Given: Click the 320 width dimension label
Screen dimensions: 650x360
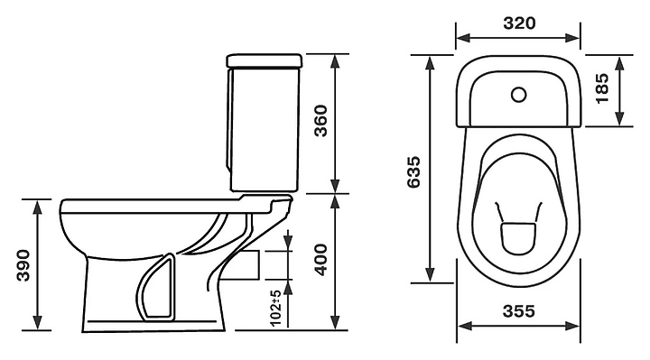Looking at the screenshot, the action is pos(519,23).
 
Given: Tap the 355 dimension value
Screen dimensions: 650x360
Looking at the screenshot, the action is pos(518,310).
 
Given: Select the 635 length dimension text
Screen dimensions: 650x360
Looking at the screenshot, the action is pos(413,172).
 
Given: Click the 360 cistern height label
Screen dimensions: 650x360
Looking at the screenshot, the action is pos(320,121).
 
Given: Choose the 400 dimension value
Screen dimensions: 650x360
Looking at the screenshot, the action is pos(320,260).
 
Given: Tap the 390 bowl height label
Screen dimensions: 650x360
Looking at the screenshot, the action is pos(23,265).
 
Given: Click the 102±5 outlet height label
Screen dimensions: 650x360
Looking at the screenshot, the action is pos(275,308).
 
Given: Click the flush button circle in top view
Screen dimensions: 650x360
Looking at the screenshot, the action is pos(518,95).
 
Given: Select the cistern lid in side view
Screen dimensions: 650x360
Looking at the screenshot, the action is pos(264,60).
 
